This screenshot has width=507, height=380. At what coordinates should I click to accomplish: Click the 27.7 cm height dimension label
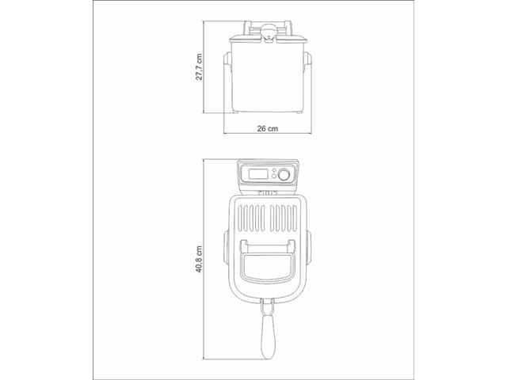(x=199, y=66)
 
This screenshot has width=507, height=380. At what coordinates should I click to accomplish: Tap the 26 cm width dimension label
(x=268, y=128)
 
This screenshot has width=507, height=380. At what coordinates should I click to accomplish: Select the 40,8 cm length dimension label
(x=199, y=259)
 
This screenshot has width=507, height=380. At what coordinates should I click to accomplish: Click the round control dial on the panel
(x=284, y=175)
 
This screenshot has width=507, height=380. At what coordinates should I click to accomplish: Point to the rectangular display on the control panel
(x=258, y=173)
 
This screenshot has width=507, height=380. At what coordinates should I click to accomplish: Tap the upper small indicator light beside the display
(x=274, y=170)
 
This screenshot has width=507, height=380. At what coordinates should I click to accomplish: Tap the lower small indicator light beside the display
(x=274, y=177)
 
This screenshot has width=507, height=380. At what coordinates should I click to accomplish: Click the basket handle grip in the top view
(x=269, y=337)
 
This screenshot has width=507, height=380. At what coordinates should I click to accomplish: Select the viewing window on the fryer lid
(x=268, y=267)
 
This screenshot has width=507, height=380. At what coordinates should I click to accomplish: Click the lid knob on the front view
(x=269, y=32)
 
